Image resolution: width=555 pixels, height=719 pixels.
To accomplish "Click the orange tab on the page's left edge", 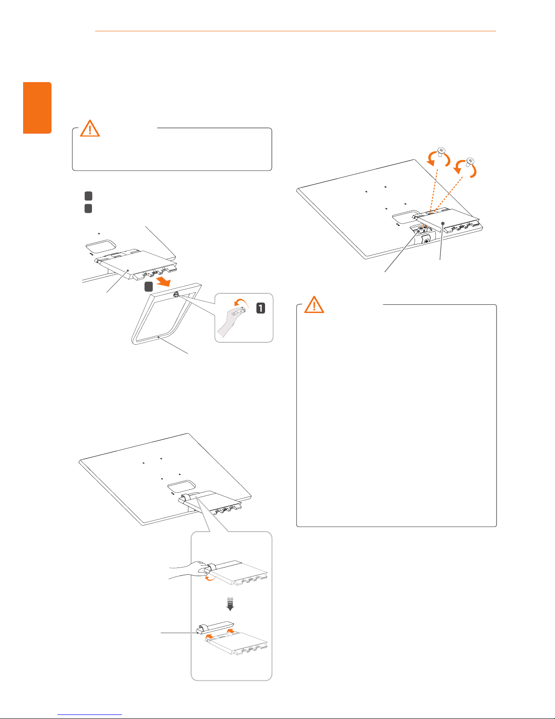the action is tap(37, 108).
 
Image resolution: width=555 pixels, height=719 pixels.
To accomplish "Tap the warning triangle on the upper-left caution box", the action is tap(90, 128).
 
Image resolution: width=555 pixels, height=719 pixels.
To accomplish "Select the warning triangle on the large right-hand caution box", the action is tap(314, 305).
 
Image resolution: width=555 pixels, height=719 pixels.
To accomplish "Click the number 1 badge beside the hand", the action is tap(261, 308).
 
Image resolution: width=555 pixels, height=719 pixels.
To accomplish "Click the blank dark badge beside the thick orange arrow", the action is tap(148, 287).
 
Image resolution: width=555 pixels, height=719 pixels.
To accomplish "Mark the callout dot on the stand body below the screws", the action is tap(442, 223).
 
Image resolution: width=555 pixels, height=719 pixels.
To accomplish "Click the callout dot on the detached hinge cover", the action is tap(198, 633).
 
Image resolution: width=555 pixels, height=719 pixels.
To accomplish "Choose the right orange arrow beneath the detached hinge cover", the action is tap(231, 631).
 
